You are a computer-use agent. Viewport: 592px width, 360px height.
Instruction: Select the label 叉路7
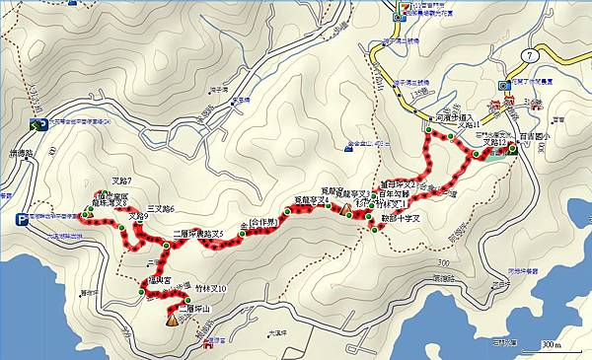121,180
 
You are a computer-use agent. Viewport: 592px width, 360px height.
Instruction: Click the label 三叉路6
160,209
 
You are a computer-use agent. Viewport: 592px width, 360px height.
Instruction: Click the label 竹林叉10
209,289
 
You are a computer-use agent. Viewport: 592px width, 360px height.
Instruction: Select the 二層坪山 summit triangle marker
173,318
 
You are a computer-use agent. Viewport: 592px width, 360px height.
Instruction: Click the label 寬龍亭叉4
311,200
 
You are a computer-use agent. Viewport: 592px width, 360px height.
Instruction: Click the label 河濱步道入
454,115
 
